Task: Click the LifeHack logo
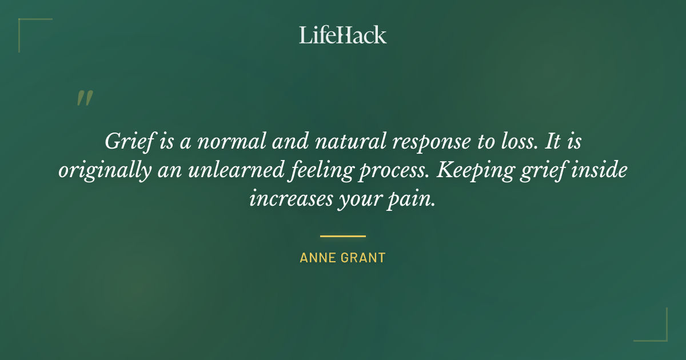coord(343,35)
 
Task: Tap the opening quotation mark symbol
coord(84,98)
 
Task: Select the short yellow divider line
coord(343,235)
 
